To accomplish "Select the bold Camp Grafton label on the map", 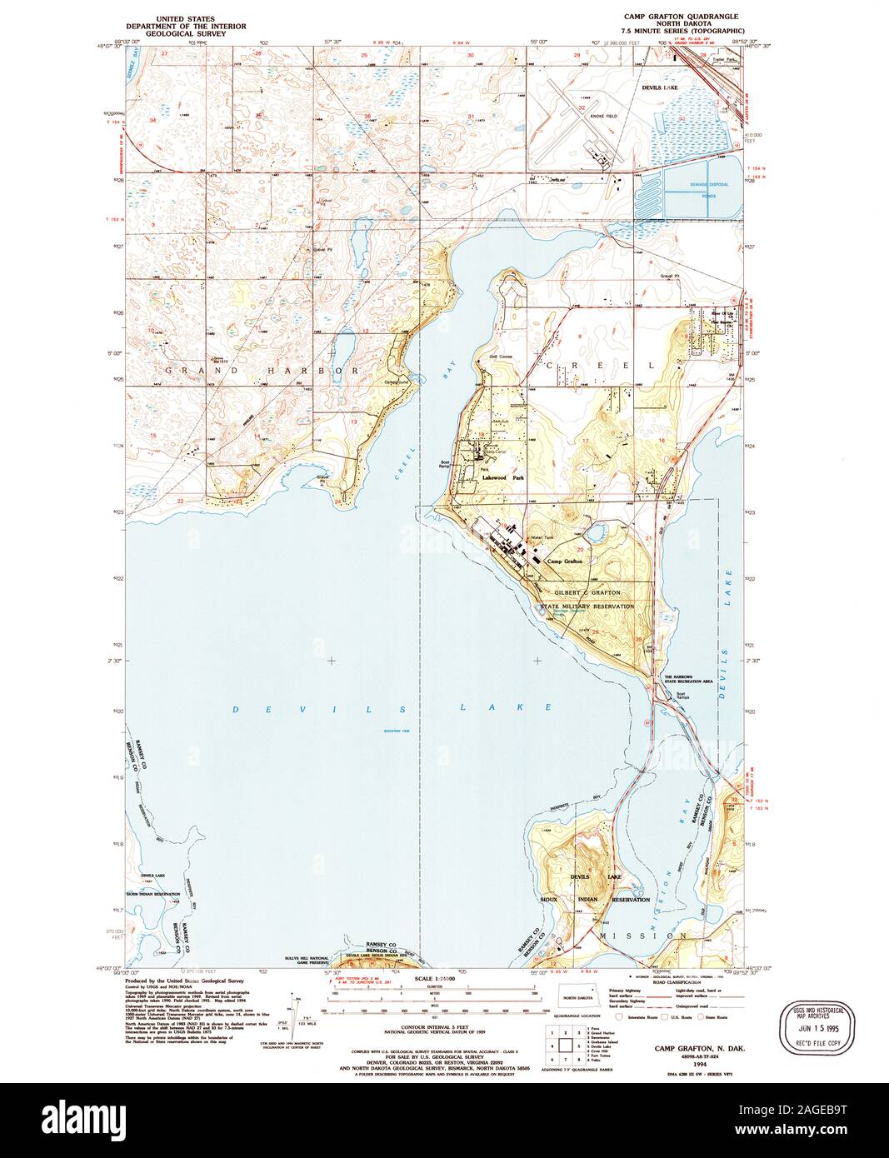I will tap(564, 562).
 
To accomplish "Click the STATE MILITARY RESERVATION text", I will tap(587, 607).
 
